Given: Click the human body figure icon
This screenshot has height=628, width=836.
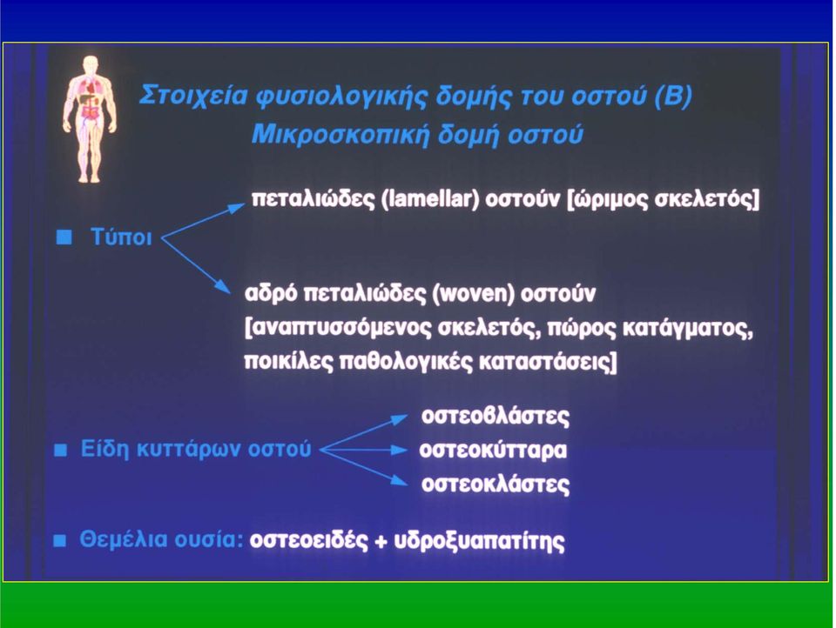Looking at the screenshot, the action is click(90, 119).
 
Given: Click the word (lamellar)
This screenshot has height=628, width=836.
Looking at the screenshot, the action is click(431, 198).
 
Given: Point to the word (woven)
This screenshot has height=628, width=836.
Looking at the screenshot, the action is click(474, 293).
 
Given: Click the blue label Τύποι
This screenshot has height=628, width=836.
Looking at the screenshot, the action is click(121, 237).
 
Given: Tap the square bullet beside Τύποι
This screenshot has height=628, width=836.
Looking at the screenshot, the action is click(64, 237).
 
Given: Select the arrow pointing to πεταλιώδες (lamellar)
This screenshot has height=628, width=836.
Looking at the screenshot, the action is click(203, 221).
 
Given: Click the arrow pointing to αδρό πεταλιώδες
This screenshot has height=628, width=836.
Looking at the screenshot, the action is click(196, 265).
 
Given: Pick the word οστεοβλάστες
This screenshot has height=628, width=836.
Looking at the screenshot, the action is click(496, 416).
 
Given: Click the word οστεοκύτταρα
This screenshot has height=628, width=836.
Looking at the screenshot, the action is click(493, 451).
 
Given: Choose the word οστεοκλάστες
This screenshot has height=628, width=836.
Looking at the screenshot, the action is click(496, 484).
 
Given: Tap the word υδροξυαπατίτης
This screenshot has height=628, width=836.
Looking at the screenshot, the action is click(479, 541).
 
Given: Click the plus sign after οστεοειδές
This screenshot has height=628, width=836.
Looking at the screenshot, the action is click(381, 541).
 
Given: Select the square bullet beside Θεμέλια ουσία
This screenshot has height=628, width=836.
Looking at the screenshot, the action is click(60, 541).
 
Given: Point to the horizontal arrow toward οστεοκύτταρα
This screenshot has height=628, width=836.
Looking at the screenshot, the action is click(364, 450).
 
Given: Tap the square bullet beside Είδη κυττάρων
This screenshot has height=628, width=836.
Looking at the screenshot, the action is click(61, 451).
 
